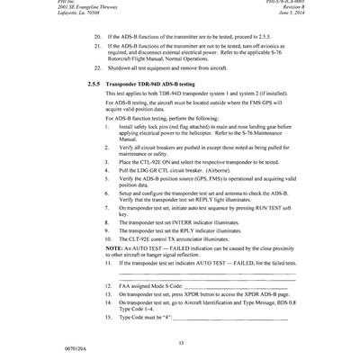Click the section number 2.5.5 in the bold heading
96,83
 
